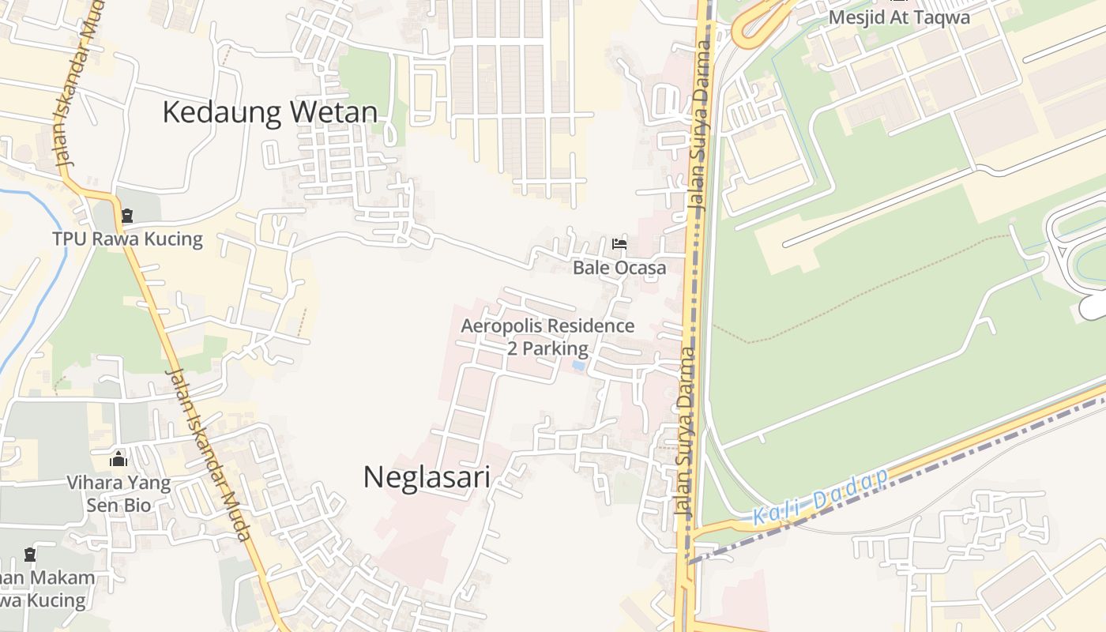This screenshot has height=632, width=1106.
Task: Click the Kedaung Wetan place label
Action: pos(269,112)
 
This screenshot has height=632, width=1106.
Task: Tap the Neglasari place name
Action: pos(427,477)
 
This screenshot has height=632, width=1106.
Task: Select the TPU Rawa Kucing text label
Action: pos(127,239)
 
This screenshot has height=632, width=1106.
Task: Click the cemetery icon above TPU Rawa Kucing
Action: pos(127,215)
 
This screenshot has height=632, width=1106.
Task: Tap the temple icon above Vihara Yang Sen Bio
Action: pos(118,458)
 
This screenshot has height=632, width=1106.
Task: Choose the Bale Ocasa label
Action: pos(619,268)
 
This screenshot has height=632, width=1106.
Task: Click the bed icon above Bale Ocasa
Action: pos(619,244)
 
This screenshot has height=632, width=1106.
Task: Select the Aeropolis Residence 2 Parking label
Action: pos(547,337)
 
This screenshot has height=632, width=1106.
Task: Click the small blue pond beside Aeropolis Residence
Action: pos(578,366)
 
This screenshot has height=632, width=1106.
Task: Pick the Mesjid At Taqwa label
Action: pos(899,17)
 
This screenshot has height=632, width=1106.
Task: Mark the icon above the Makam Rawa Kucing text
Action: pos(30,555)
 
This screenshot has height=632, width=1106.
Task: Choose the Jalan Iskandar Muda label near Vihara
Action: pos(209,454)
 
